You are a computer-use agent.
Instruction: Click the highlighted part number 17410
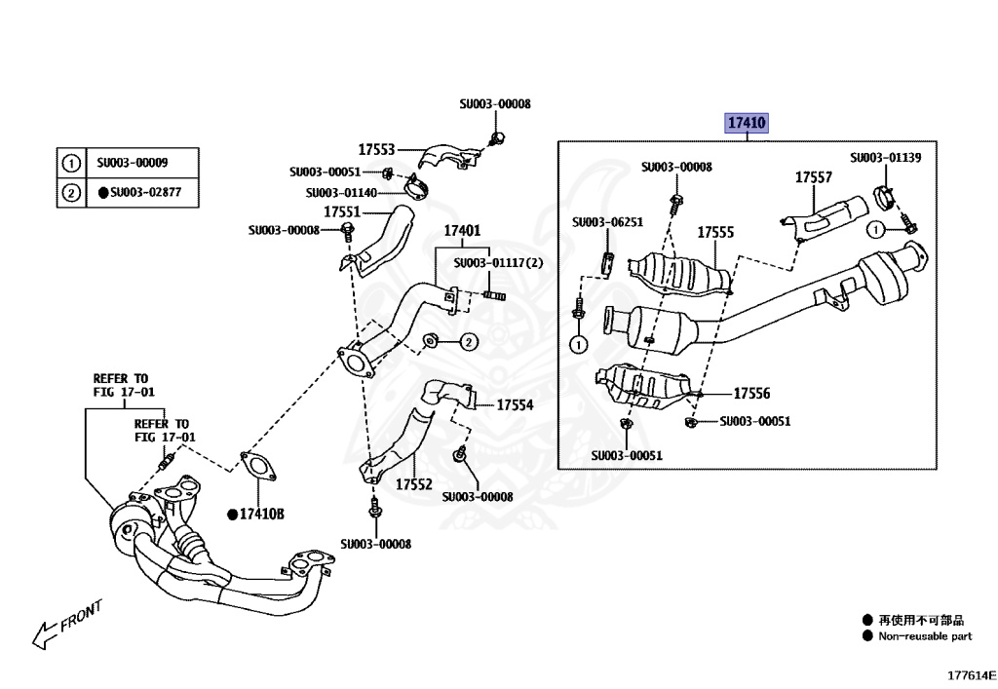click(746, 124)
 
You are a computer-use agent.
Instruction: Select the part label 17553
click(376, 149)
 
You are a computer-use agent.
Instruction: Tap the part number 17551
click(342, 211)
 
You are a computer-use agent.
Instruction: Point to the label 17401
click(462, 231)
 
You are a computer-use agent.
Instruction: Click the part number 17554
click(516, 404)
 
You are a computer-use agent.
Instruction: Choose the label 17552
click(413, 482)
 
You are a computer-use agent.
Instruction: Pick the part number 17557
click(813, 177)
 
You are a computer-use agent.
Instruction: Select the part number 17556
click(751, 394)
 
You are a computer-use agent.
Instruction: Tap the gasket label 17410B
click(260, 514)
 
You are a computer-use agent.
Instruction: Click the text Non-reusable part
click(925, 636)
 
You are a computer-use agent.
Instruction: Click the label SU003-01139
click(885, 157)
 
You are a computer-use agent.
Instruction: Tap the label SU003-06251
click(607, 223)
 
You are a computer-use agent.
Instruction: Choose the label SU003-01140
click(340, 193)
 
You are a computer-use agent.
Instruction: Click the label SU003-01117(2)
click(498, 263)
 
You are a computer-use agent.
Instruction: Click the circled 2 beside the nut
click(468, 341)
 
